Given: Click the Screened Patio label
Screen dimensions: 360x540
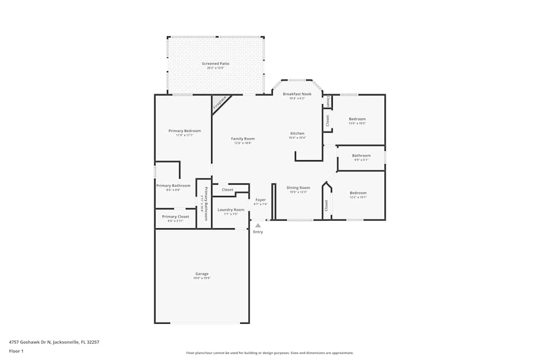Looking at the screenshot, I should coord(215,64).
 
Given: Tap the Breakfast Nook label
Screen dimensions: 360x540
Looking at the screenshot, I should coord(297,94).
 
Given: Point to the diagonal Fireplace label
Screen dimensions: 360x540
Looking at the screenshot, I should coord(219,103).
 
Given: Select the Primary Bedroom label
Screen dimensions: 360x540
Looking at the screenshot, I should coord(184,131).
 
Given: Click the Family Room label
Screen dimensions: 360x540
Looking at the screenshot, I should coord(242,139).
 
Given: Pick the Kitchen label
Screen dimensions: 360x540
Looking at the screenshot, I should coord(297,133).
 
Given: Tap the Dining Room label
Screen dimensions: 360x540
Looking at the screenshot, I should coord(298,188).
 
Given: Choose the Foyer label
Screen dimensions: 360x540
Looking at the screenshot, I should coord(260,200).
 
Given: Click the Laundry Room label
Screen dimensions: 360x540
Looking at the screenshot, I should coord(231,209).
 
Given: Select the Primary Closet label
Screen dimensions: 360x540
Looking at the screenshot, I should coord(175,216).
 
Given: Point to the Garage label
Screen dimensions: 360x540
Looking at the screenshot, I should coord(201,274).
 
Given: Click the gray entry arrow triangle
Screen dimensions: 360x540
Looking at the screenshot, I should coord(258,226).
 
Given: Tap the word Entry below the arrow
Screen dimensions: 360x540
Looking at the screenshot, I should coord(258,232).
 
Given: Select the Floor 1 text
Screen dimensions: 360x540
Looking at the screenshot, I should coord(16,351).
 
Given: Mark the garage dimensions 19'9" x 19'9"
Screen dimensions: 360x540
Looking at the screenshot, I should coord(201,278).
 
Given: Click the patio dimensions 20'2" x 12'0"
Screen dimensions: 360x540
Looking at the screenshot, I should coord(215,68).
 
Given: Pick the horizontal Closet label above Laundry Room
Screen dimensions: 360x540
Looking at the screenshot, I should coord(227,190).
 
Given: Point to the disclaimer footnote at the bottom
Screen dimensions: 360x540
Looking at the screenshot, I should coord(269,353).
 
